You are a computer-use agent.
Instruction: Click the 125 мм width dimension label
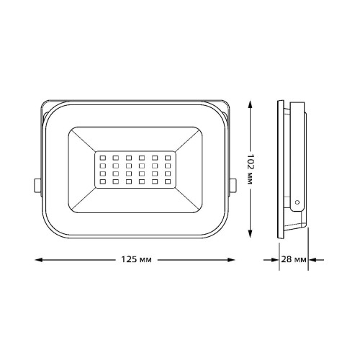click(x=136, y=260)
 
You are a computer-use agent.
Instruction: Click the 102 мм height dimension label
click(x=251, y=169)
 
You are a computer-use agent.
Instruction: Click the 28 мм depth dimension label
click(x=294, y=259)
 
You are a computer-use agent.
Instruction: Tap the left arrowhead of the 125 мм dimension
click(x=39, y=260)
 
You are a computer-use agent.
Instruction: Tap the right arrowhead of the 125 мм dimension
click(x=231, y=260)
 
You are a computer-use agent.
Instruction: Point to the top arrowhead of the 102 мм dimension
click(x=250, y=104)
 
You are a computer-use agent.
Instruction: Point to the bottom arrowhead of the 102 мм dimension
click(x=250, y=233)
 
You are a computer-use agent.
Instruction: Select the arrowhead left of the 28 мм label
click(x=275, y=260)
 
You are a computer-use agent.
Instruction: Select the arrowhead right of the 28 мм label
click(x=312, y=260)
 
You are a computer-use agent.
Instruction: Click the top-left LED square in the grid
click(x=103, y=158)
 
